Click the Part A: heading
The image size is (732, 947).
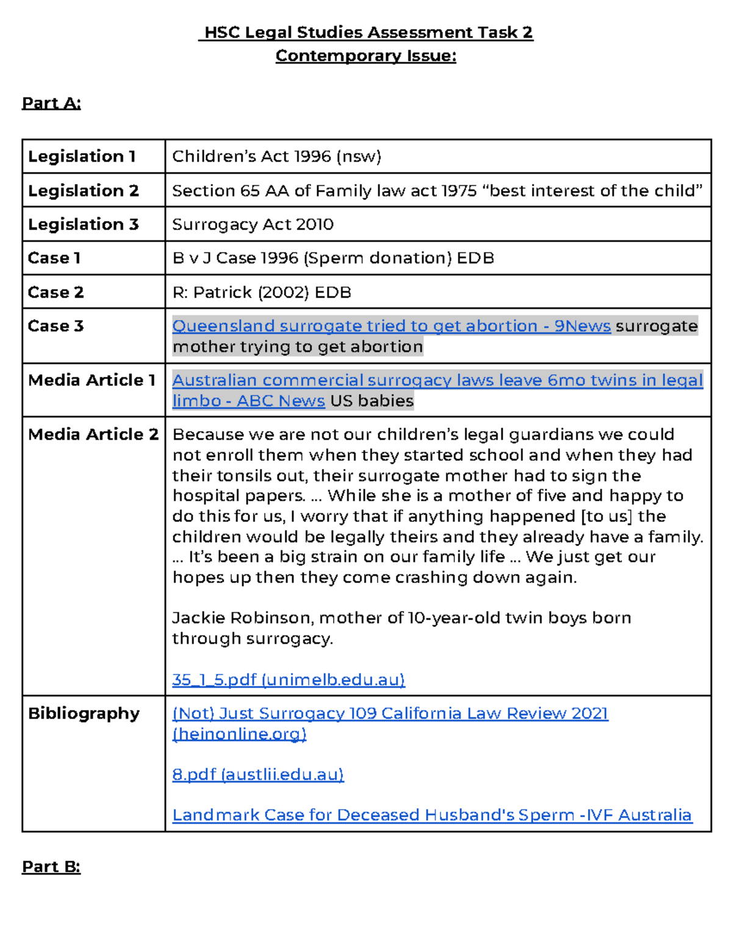point(51,103)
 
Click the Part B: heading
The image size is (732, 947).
point(51,867)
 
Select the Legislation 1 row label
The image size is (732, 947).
point(82,157)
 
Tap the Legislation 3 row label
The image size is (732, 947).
point(84,224)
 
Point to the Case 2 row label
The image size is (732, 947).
point(56,293)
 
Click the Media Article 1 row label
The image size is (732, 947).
point(92,381)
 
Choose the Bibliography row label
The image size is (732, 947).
point(84,713)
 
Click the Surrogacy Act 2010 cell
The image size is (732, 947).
point(253,224)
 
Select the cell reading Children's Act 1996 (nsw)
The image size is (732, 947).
point(276,157)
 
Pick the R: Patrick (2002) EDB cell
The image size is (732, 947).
point(262,293)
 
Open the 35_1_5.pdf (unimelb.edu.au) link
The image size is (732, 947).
point(289,680)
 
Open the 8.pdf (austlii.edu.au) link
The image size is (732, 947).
point(258,774)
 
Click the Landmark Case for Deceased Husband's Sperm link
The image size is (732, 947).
point(432,815)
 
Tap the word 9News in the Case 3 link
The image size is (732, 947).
point(582,326)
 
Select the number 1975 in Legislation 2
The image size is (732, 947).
point(459,191)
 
